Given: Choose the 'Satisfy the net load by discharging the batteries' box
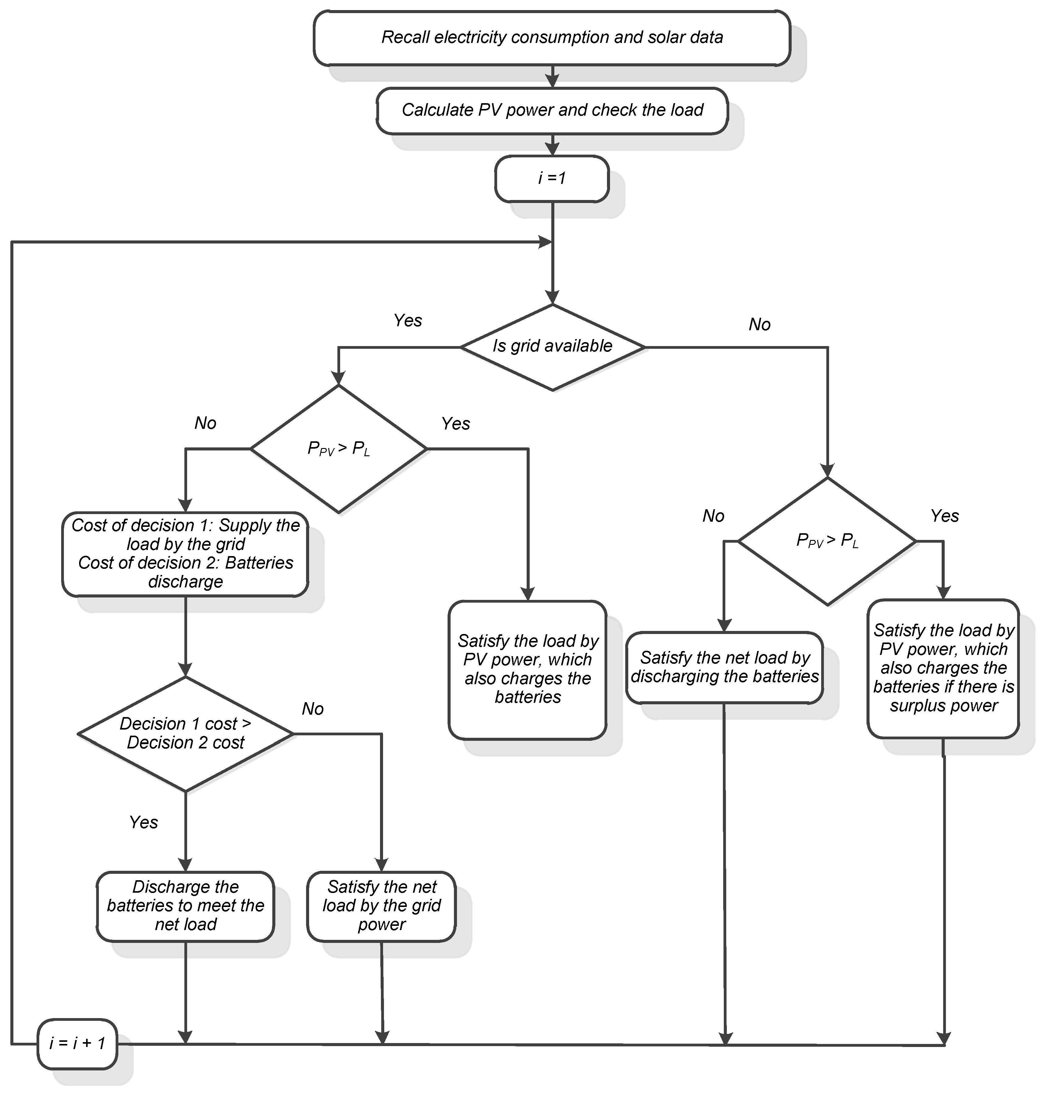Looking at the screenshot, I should (724, 667).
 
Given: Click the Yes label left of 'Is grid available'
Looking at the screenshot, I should (408, 321).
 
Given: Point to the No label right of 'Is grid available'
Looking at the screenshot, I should (759, 325).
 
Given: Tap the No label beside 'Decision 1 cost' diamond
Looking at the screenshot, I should (313, 709).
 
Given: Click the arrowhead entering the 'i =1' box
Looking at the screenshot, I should (552, 149).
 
